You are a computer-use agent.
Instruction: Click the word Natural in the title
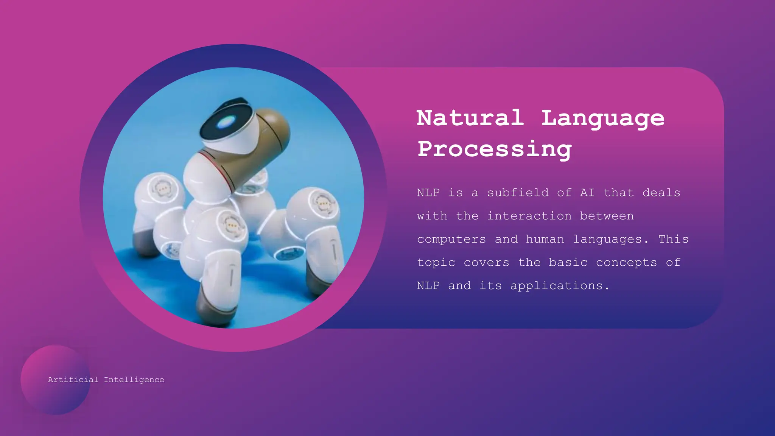470,118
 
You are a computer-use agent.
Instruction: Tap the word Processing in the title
494,149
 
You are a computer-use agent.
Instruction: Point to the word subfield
518,193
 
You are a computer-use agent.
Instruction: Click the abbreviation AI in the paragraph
587,193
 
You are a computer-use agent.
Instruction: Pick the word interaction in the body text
529,216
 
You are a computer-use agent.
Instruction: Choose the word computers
451,240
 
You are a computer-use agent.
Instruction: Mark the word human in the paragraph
545,239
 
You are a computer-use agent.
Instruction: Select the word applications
557,286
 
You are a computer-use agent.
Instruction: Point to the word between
607,216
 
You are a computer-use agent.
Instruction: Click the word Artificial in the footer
73,380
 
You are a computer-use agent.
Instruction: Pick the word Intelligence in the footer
134,380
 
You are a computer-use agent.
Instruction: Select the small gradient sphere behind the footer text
45,397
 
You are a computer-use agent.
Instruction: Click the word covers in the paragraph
486,263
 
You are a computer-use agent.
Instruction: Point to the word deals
661,193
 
